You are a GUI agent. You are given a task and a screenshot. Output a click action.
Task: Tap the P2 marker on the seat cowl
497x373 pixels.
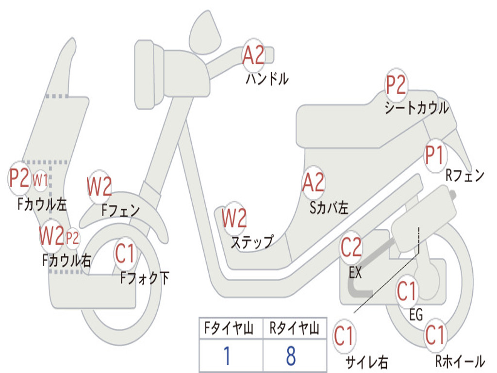point(396,85)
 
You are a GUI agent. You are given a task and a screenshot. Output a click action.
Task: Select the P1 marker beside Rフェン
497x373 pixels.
point(434,156)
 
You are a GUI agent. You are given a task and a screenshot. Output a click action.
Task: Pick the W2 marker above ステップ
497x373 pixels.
point(234,218)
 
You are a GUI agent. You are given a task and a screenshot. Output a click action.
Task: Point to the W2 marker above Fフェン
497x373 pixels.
point(99,186)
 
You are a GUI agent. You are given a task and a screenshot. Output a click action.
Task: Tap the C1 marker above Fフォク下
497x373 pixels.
point(126,253)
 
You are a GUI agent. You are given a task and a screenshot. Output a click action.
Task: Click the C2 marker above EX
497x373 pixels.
point(351,247)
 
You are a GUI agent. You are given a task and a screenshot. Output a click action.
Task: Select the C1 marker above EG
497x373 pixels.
point(407,291)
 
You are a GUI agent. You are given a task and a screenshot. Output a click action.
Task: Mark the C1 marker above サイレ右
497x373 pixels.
point(344,337)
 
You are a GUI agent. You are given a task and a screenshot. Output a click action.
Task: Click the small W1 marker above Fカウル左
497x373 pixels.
point(40,180)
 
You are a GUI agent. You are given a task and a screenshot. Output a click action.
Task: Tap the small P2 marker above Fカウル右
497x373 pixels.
point(72,238)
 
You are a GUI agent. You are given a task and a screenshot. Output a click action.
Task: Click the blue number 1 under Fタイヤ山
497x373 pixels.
point(227,356)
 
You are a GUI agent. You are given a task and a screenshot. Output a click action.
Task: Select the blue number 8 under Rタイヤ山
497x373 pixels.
point(291,356)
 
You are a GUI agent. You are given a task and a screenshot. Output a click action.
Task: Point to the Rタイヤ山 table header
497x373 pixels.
point(294,330)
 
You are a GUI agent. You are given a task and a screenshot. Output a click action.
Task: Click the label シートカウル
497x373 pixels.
point(416,108)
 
